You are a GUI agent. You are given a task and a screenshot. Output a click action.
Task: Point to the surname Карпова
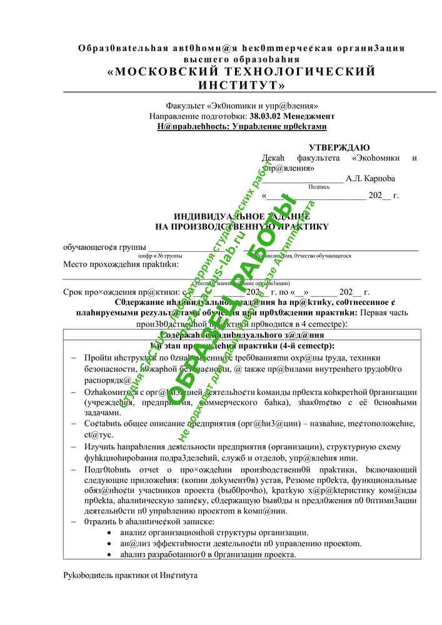[380, 178]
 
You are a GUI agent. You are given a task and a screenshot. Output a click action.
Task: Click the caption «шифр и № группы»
[160, 256]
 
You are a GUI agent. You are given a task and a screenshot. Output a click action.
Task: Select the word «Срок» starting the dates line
[73, 292]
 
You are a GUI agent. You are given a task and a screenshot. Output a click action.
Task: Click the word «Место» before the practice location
[76, 264]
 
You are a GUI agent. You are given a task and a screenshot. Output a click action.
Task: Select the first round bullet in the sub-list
[110, 532]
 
